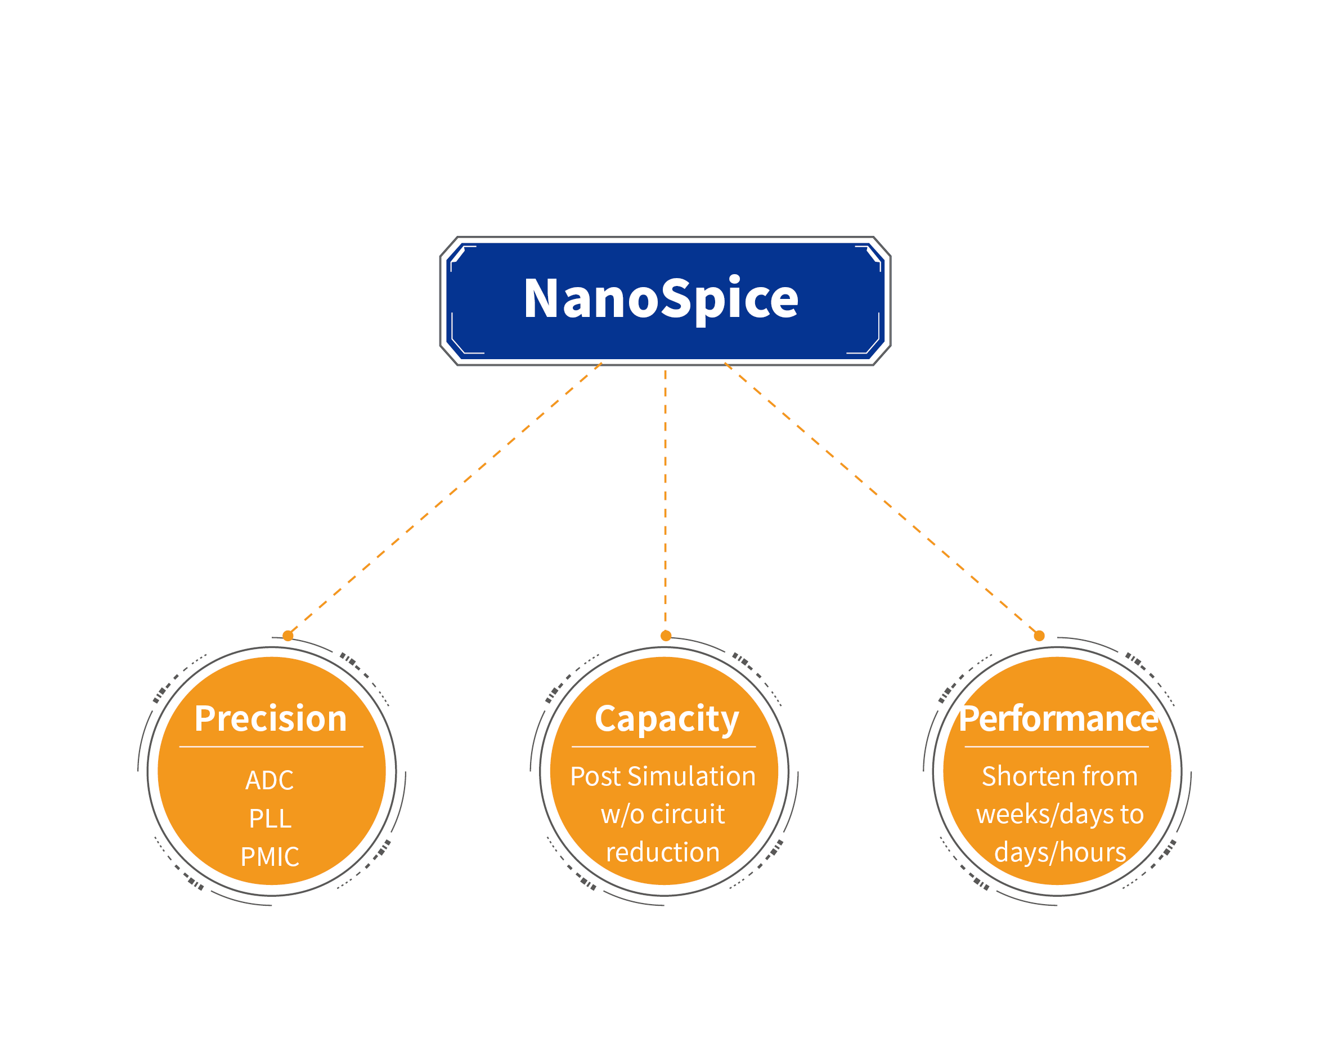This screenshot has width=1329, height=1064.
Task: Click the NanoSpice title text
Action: (661, 299)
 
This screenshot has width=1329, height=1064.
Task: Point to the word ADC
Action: (270, 780)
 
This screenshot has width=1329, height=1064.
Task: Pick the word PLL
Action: (270, 819)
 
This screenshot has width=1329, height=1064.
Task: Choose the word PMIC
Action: (270, 857)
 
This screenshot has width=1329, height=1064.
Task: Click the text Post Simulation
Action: (663, 776)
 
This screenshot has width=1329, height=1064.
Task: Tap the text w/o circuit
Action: (663, 814)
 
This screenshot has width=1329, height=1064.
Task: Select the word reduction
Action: (663, 852)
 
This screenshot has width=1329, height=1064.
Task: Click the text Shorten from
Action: (1059, 776)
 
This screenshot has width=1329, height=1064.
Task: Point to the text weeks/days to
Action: (1059, 814)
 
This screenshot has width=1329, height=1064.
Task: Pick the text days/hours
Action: (1059, 852)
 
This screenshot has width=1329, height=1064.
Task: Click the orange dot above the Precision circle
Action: (288, 636)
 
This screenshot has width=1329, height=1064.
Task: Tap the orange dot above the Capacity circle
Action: (666, 636)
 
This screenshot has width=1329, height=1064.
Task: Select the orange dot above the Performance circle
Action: (1039, 636)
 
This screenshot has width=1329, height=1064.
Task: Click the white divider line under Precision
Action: (271, 747)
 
